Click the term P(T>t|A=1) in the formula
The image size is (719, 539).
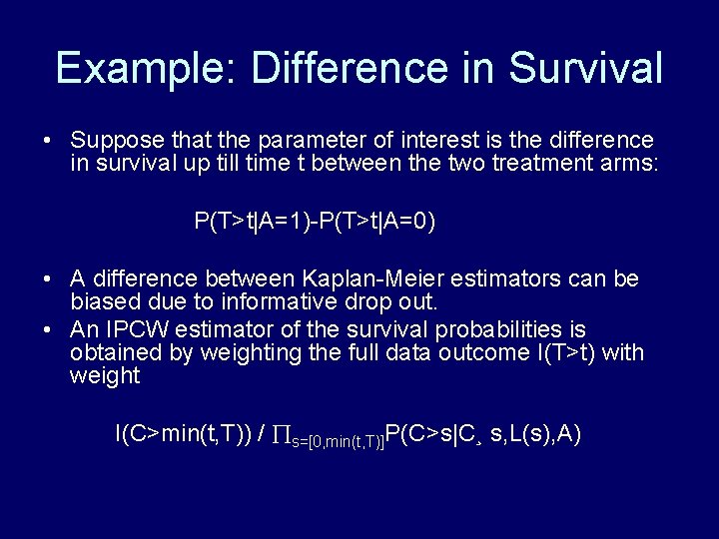(254, 222)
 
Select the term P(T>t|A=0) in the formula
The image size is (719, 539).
(376, 222)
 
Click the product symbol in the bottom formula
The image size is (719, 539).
(282, 435)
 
